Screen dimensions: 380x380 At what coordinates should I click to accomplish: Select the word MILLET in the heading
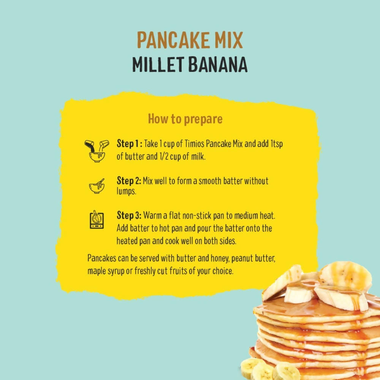pyautogui.click(x=158, y=65)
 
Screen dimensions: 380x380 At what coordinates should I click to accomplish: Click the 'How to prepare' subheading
pyautogui.click(x=185, y=119)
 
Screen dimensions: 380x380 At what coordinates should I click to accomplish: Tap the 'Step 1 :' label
pyautogui.click(x=129, y=145)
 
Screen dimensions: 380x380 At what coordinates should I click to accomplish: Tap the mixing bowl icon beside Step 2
pyautogui.click(x=97, y=186)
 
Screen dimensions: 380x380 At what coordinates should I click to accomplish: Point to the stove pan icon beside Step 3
pyautogui.click(x=97, y=220)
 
